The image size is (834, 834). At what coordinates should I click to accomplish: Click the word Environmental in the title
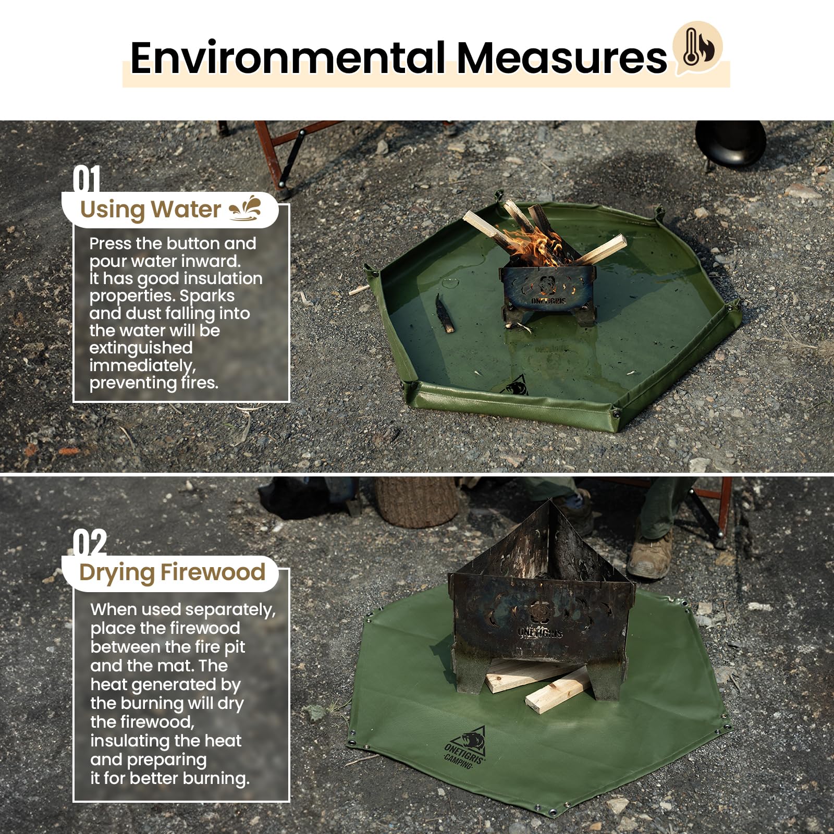click(x=287, y=57)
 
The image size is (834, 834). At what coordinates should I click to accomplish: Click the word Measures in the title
click(x=561, y=57)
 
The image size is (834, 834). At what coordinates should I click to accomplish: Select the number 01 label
click(x=87, y=179)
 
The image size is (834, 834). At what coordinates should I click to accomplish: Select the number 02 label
click(x=90, y=543)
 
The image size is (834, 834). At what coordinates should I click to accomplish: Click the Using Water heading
click(x=150, y=210)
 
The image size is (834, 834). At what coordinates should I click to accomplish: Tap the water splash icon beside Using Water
click(x=246, y=208)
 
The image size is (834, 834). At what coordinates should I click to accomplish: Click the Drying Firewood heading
click(x=172, y=572)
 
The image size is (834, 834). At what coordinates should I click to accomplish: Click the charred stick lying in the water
click(x=445, y=314)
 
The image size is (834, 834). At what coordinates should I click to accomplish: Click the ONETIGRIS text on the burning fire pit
click(x=548, y=301)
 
